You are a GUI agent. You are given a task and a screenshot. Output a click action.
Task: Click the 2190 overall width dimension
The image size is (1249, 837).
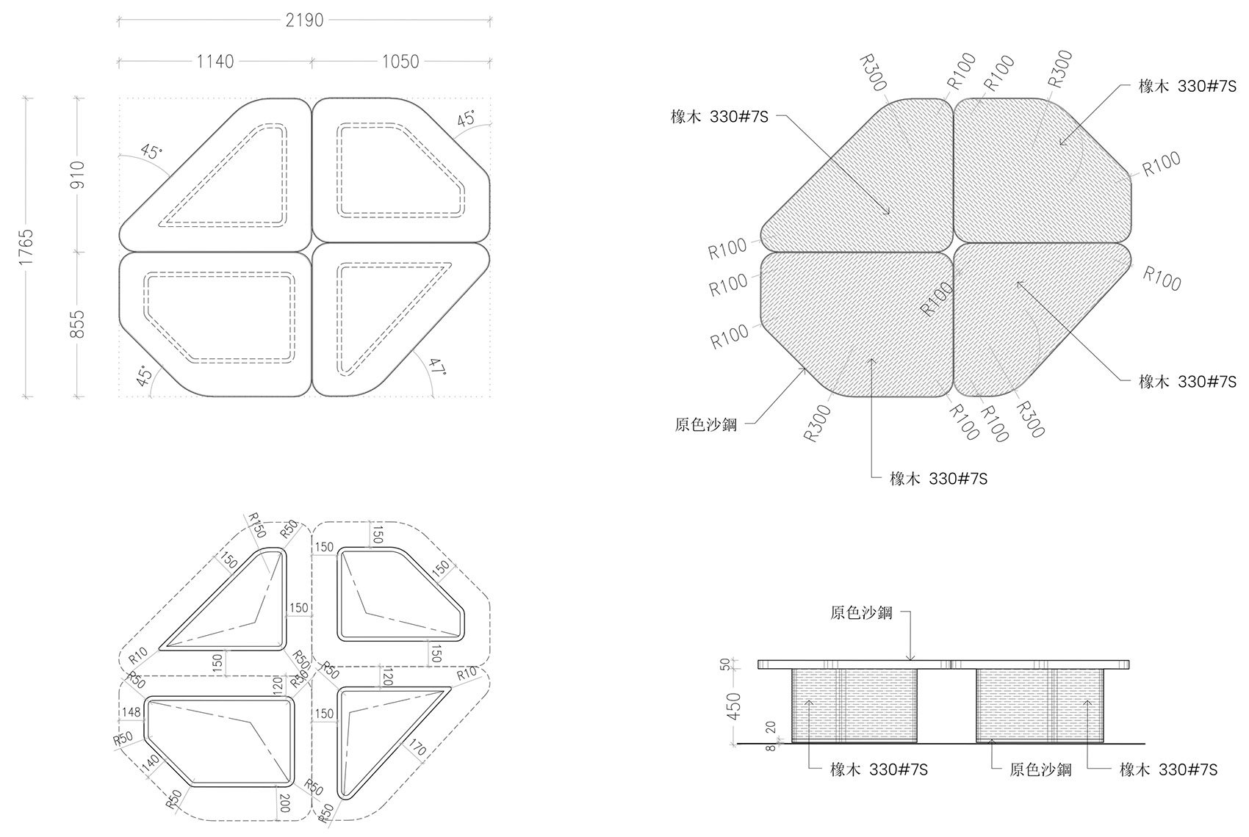304,20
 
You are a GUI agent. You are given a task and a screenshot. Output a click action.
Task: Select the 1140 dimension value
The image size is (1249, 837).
215,61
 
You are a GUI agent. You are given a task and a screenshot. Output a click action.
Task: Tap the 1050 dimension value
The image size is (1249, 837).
400,61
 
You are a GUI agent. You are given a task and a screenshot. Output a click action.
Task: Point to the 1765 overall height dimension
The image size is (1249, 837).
27,247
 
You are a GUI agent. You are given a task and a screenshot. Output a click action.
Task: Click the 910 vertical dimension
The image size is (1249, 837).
79,175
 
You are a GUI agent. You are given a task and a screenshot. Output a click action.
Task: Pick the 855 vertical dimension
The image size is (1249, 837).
79,325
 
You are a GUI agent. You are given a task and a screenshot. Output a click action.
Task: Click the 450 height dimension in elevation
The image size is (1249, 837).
733,706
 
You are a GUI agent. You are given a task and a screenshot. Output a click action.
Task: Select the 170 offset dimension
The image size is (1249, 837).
417,748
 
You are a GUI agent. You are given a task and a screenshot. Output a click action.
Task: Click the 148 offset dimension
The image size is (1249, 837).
132,711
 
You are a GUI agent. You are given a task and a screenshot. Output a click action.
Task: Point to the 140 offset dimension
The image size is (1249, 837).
149,765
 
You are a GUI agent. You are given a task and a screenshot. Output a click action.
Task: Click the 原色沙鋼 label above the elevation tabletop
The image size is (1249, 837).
861,612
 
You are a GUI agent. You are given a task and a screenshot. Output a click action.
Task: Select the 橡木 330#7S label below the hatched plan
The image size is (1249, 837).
938,479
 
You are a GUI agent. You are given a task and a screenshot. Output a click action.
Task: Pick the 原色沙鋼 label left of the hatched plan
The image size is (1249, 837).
705,424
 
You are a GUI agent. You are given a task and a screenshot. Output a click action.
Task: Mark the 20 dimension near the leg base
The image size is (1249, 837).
769,728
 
